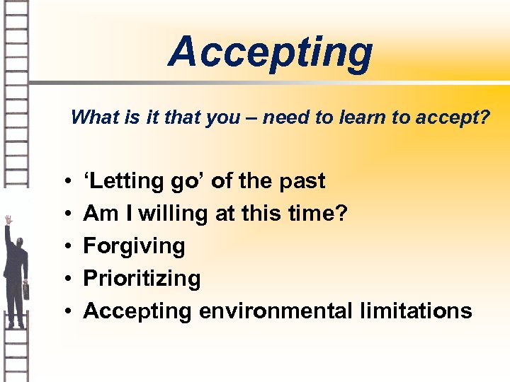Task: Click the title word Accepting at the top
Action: click(x=270, y=52)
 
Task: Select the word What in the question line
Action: click(x=94, y=117)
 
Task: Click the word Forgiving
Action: click(x=134, y=246)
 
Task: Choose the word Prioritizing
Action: click(x=142, y=279)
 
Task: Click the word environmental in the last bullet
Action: click(x=278, y=311)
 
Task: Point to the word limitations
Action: click(x=417, y=311)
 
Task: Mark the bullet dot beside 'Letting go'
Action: click(x=65, y=182)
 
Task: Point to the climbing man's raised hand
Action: click(x=8, y=220)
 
